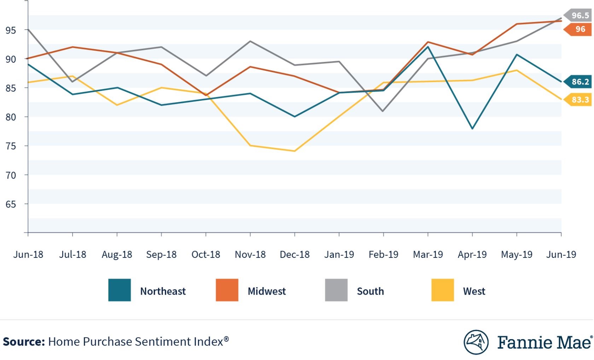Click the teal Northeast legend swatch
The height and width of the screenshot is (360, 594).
click(120, 290)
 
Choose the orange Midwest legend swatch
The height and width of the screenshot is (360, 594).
click(227, 290)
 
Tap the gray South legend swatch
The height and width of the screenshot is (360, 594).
click(336, 290)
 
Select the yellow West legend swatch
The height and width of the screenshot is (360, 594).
click(442, 290)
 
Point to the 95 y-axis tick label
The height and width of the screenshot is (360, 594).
click(11, 30)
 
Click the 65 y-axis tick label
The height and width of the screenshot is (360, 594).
click(11, 204)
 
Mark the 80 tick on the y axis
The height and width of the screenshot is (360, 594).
click(11, 117)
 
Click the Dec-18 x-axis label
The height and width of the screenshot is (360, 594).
click(295, 255)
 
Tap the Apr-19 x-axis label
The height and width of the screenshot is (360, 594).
click(472, 255)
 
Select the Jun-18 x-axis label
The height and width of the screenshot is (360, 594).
click(28, 255)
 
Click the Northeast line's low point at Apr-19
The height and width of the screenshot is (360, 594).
click(472, 129)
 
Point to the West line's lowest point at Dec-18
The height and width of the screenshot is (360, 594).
click(295, 151)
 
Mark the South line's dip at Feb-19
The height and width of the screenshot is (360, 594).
click(383, 111)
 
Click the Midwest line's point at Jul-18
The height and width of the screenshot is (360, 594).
click(72, 47)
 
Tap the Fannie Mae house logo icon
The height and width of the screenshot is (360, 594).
click(476, 342)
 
